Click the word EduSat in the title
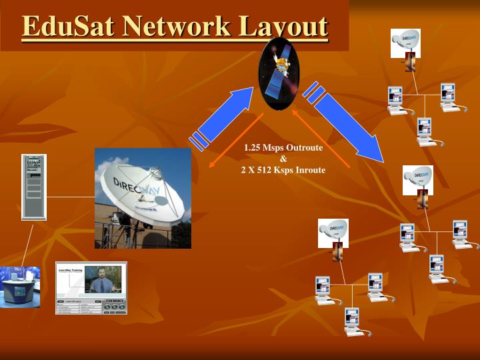62,27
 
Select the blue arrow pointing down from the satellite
346,123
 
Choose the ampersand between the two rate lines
283,159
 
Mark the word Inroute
307,170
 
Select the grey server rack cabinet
33,187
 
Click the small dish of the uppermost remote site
405,43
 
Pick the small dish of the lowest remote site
333,230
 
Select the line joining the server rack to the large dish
70,197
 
